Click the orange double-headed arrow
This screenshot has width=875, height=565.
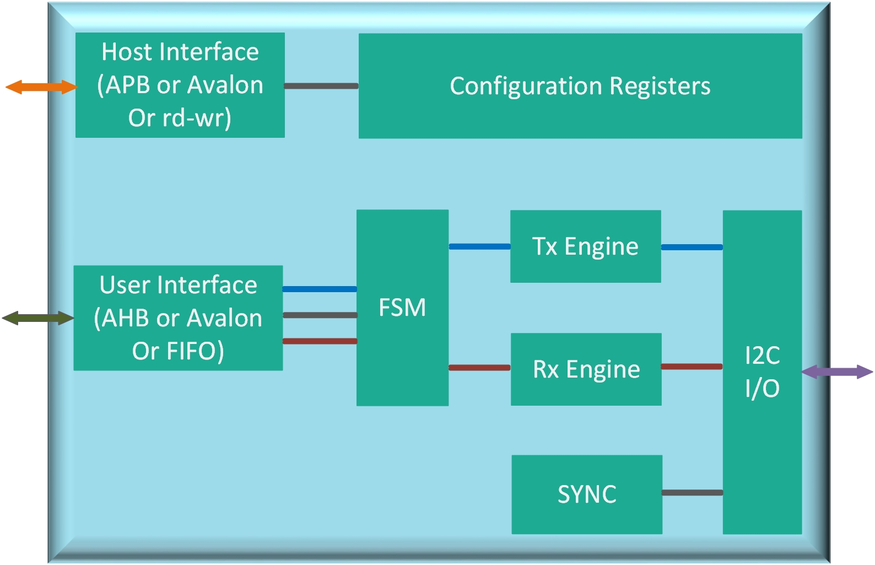41,87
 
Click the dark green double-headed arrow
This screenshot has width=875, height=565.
37,318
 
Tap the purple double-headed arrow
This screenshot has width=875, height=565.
836,372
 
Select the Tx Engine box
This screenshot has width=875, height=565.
585,246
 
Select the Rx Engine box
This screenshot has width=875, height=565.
586,369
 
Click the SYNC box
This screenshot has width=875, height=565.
587,494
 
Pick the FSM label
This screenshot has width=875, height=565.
402,308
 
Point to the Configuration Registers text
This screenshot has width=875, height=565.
580,86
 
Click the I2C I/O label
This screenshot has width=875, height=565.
762,372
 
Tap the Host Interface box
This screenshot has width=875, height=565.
180,85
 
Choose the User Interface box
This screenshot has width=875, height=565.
178,318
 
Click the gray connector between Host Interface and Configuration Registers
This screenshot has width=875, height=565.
321,86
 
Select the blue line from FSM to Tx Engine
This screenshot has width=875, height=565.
479,246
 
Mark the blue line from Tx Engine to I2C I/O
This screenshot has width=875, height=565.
692,247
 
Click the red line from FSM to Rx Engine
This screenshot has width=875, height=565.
479,368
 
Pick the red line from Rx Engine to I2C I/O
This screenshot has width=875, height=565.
692,367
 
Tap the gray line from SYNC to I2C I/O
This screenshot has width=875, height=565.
692,493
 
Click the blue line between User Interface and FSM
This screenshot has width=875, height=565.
320,289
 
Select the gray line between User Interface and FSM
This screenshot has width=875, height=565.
320,315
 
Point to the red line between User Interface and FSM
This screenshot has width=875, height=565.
320,341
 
